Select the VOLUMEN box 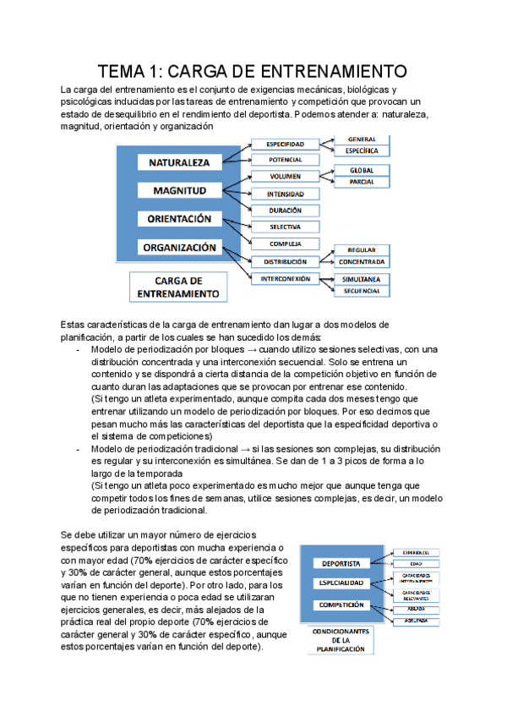(286, 177)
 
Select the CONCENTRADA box (362, 262)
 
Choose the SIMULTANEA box (362, 278)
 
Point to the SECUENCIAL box (362, 292)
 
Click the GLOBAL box (362, 170)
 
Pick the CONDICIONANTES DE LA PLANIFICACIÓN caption (341, 639)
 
